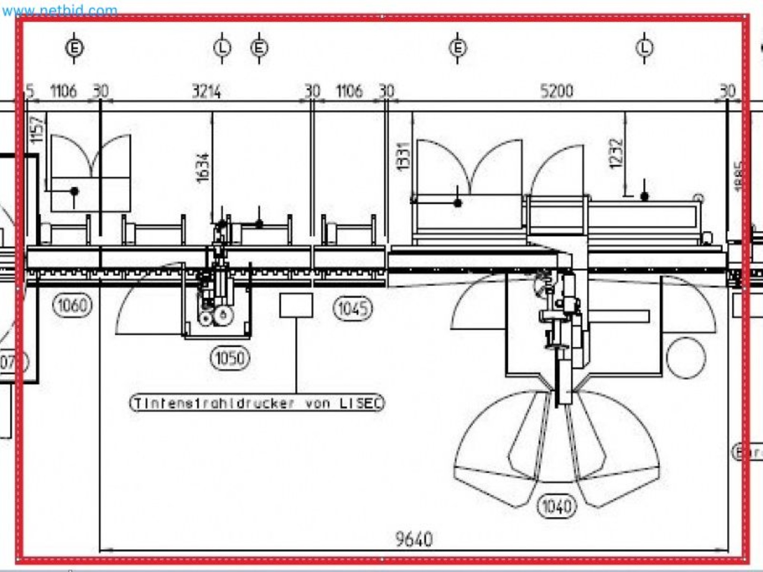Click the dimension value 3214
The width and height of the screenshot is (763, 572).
click(206, 91)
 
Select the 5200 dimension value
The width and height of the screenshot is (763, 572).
click(557, 91)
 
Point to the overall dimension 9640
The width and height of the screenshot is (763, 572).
click(414, 539)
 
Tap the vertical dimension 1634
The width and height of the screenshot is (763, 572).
click(203, 168)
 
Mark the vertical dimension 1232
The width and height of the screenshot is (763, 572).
click(617, 153)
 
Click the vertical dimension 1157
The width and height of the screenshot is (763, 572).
click(37, 130)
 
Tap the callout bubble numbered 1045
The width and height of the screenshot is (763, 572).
click(352, 308)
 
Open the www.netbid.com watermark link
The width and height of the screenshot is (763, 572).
click(60, 10)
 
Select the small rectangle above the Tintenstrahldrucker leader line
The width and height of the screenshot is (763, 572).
click(296, 305)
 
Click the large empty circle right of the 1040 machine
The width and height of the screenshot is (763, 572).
click(686, 358)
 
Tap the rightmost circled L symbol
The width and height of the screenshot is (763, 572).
click(645, 48)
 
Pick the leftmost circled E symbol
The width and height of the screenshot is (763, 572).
click(74, 48)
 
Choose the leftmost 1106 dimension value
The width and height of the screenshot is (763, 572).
click(63, 91)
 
